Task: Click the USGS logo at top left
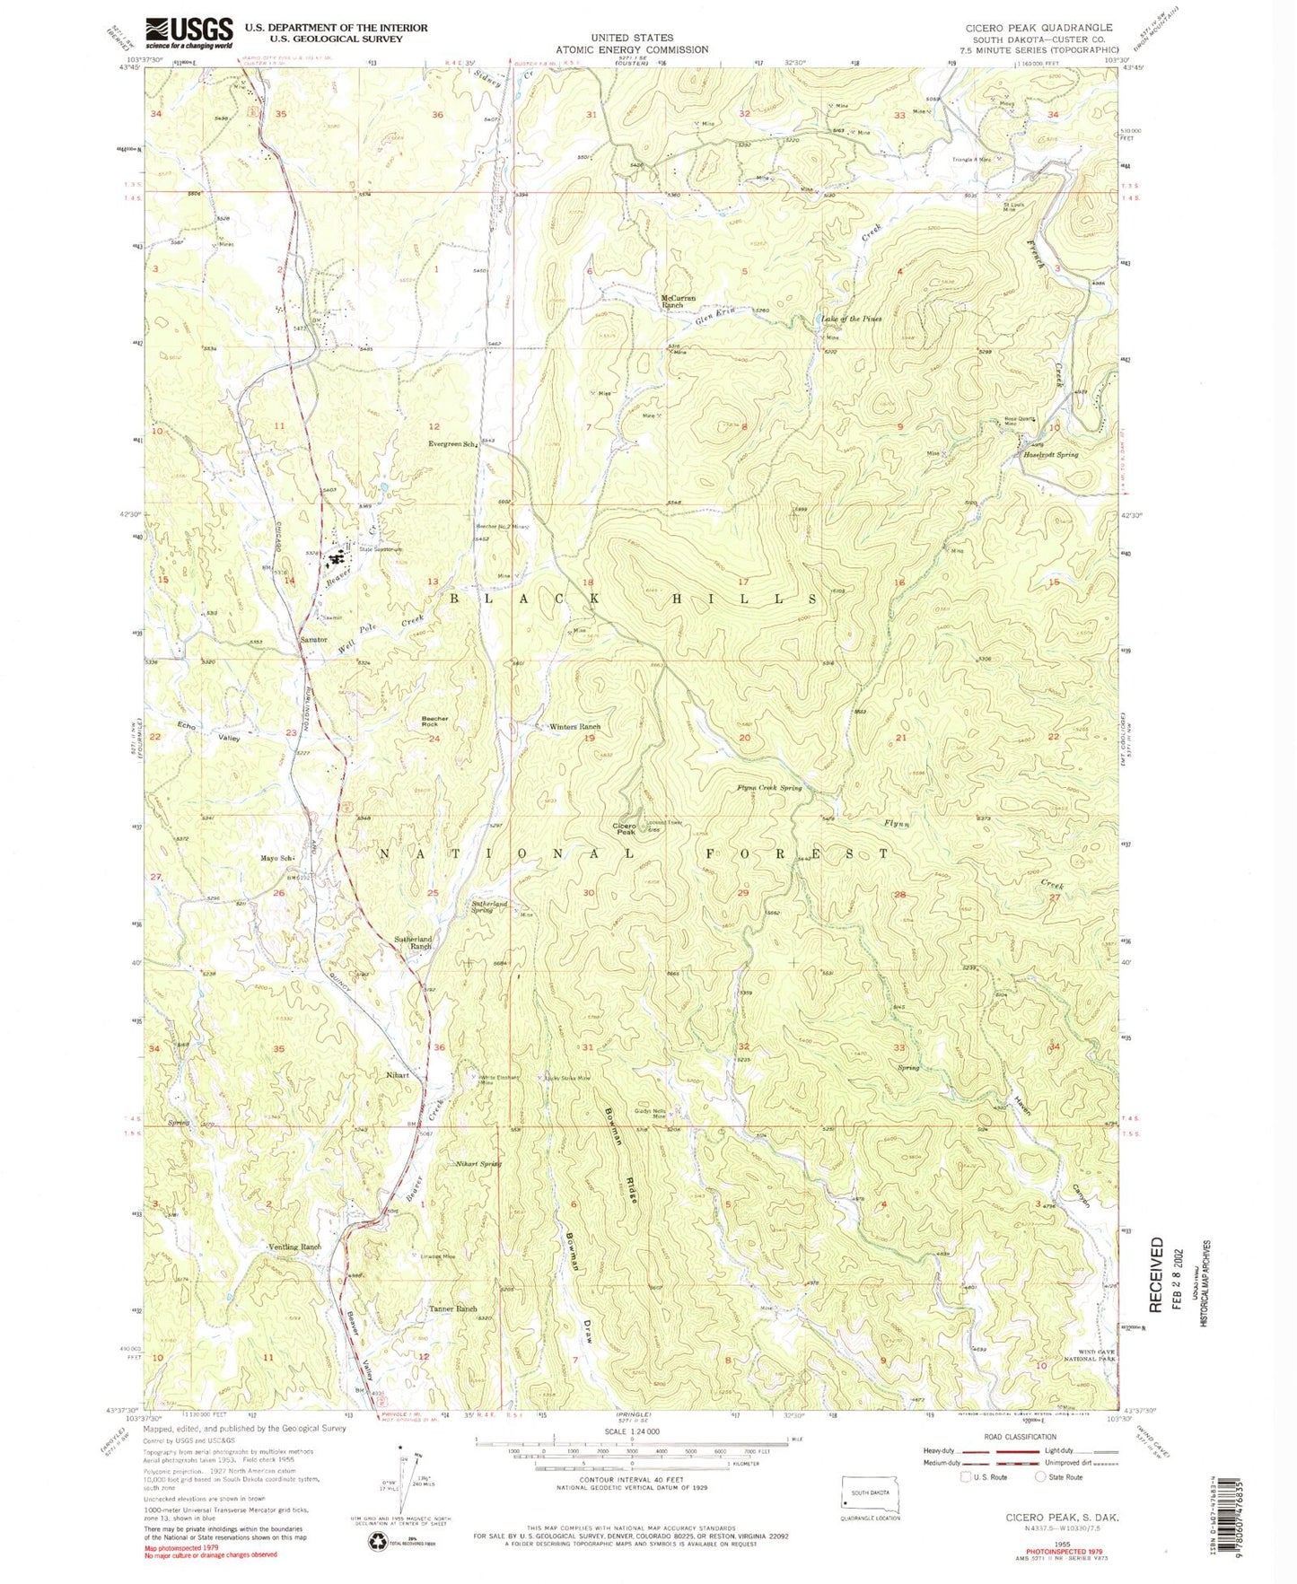tap(189, 33)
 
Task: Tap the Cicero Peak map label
tap(625, 828)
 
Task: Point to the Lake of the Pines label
tap(851, 319)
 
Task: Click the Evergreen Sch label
tap(451, 443)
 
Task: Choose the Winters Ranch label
tap(574, 727)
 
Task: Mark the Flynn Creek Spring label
tap(769, 788)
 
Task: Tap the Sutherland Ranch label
tap(414, 942)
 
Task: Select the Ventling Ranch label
tap(294, 1247)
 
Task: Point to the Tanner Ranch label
tap(452, 1308)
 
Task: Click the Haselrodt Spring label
tap(1051, 455)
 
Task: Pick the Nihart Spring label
tap(478, 1164)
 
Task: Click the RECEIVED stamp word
tap(1157, 1273)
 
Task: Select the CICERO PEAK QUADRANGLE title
tap(1038, 28)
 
